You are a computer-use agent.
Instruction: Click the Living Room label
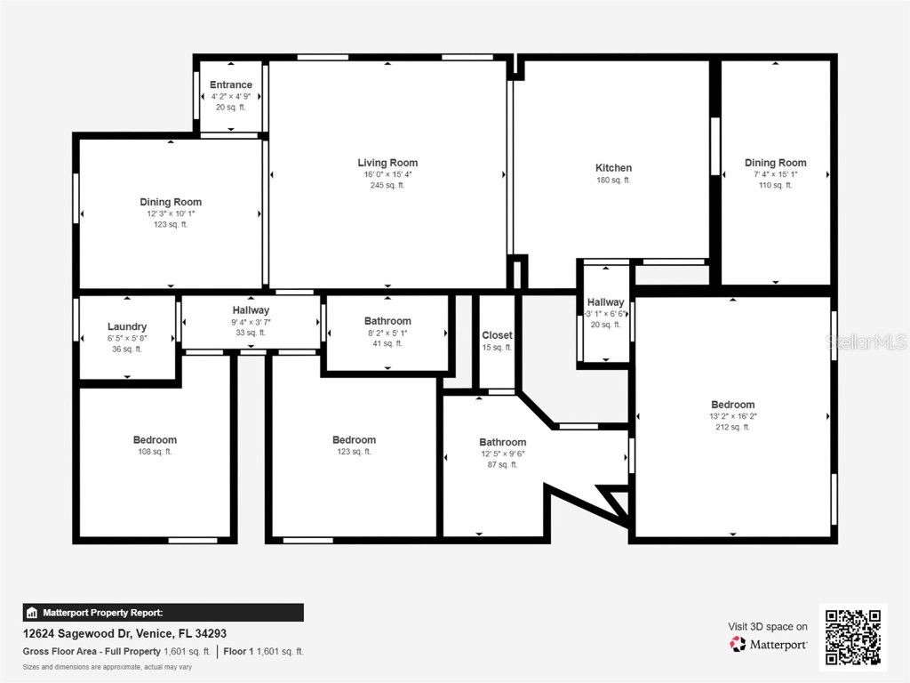click(387, 163)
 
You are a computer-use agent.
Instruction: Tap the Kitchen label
click(613, 168)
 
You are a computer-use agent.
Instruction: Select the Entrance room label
click(231, 85)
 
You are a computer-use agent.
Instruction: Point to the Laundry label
click(127, 326)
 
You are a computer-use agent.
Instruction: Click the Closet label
click(497, 335)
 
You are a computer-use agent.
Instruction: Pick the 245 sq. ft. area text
click(387, 186)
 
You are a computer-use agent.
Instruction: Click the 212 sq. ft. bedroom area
click(733, 427)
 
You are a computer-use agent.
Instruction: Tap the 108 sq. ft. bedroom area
click(155, 452)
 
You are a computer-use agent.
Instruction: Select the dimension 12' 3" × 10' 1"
click(171, 213)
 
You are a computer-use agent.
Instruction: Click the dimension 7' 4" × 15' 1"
click(775, 174)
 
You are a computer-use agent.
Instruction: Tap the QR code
click(852, 637)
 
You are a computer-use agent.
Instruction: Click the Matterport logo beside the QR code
click(769, 644)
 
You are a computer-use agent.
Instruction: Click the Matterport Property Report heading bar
click(163, 613)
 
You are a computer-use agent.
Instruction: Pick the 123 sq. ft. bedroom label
click(354, 440)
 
